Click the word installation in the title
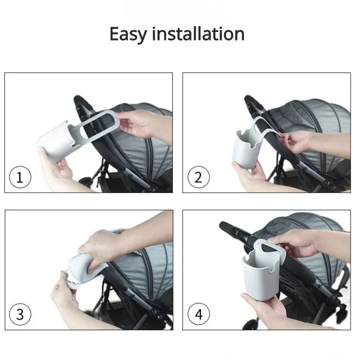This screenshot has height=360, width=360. pos(198,34)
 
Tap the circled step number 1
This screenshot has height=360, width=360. pos(20,178)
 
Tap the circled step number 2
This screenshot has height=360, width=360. pos(198,178)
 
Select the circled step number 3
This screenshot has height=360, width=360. pos(20,314)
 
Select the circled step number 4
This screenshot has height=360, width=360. pos(198,314)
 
